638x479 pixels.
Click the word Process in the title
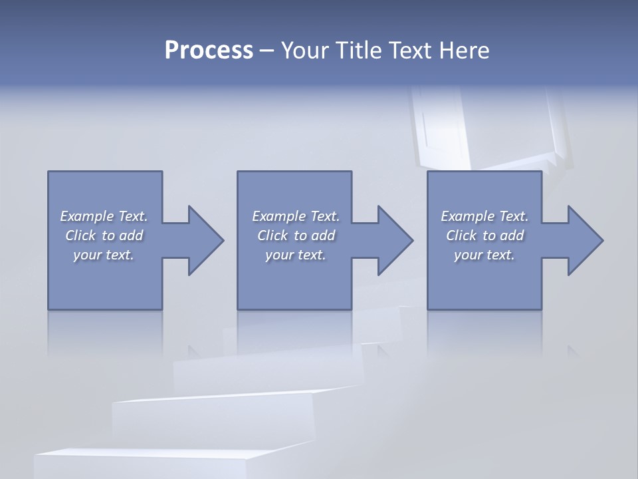[x=209, y=51]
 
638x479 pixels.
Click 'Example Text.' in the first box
[x=104, y=216]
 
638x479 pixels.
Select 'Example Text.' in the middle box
[x=296, y=216]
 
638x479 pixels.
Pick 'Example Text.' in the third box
[x=484, y=216]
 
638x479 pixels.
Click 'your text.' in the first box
[x=104, y=255]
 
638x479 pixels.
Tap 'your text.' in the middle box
[x=296, y=255]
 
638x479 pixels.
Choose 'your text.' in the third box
[x=484, y=255]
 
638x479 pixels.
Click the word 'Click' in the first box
[x=80, y=236]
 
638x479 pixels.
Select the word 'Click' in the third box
[x=461, y=236]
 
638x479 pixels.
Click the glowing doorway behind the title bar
[x=492, y=126]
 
